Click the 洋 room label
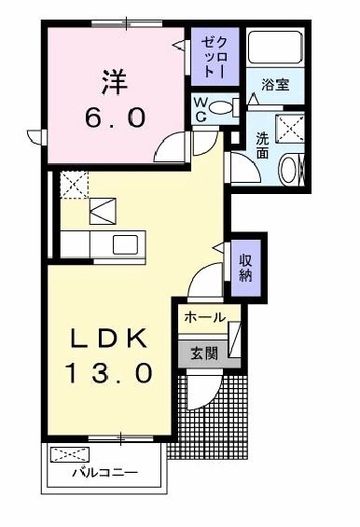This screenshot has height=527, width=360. (116, 83)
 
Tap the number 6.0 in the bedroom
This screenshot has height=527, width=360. (116, 118)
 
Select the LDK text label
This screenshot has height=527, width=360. (109, 338)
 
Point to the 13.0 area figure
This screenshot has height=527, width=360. (109, 373)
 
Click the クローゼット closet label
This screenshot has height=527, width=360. (215, 57)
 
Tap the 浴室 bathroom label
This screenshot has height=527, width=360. (275, 84)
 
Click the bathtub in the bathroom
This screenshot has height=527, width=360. (275, 47)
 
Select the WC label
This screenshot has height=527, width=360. (201, 109)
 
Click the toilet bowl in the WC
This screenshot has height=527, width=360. (221, 107)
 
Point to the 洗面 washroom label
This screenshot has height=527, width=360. (262, 146)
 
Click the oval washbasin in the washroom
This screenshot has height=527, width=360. (288, 169)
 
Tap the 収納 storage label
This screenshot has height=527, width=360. (245, 268)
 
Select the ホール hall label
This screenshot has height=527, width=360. (204, 317)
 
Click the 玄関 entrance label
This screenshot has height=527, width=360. (204, 354)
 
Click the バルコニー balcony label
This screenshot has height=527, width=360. (105, 473)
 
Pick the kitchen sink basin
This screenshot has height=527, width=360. (125, 244)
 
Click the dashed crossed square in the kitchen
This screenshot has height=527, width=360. (74, 185)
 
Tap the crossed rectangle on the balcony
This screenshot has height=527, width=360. (70, 455)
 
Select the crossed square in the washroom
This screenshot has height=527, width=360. (290, 129)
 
